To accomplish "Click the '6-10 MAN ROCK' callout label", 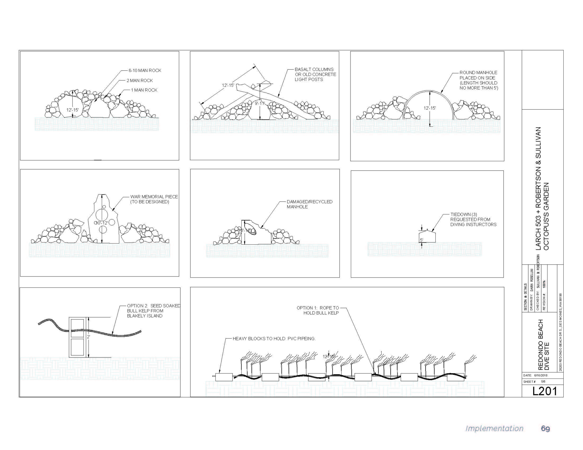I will click(145, 70).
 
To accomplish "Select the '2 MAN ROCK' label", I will click(140, 81).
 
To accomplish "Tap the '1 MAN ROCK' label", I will click(144, 90).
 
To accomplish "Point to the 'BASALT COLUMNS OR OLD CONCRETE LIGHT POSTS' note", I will click(315, 74).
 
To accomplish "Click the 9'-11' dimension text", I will click(260, 103).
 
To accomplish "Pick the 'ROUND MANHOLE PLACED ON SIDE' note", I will click(478, 80).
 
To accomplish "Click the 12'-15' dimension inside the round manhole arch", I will click(429, 108).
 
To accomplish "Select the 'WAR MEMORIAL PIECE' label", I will click(154, 199).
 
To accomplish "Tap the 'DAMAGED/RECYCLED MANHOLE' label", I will click(309, 204).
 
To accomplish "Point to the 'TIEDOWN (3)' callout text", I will click(473, 219).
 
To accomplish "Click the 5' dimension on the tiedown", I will click(422, 240).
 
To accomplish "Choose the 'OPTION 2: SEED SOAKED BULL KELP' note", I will click(153, 311).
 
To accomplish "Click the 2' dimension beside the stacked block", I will click(88, 337).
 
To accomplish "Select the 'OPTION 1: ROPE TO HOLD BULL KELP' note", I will click(318, 310).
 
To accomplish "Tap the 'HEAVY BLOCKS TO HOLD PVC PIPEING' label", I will click(274, 339).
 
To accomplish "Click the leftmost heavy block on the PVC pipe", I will click(224, 377).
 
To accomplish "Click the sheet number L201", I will click(544, 391).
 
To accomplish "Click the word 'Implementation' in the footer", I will click(494, 428).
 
